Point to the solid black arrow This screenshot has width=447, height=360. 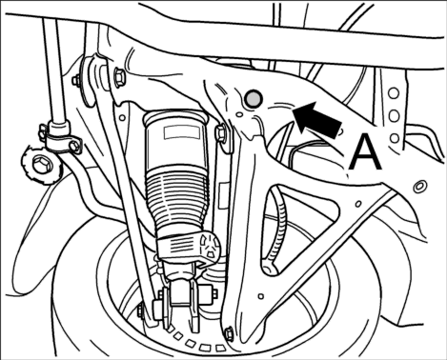[x=317, y=120]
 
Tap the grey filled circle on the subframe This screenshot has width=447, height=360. [x=254, y=98]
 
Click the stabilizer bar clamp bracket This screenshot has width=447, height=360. [x=60, y=136]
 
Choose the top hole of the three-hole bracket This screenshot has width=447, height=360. [x=394, y=93]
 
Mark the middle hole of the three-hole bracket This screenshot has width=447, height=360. [x=394, y=116]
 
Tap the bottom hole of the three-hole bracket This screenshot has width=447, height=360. [x=395, y=138]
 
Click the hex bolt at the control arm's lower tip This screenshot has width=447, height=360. [x=229, y=334]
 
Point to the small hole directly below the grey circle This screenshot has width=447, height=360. [x=239, y=113]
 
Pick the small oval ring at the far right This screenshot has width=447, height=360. [x=420, y=186]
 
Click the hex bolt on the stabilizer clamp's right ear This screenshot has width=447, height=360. [x=74, y=145]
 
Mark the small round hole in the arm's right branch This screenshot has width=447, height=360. [x=358, y=204]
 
